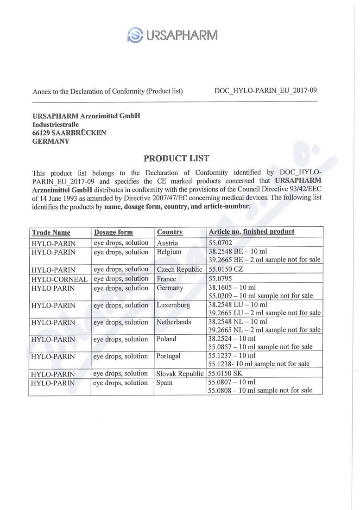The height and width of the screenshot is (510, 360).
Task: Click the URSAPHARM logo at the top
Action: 172,35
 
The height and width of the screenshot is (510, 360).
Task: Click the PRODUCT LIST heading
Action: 176,159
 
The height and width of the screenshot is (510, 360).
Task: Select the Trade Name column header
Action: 51,232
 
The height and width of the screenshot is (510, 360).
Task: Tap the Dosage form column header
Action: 113,232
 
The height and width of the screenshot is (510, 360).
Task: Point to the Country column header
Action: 170,232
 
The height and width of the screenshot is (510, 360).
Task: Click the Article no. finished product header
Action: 251,231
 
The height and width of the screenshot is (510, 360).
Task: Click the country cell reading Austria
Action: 167,243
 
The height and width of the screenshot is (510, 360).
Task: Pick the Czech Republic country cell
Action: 179,269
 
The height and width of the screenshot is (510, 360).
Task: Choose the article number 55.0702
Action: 221,242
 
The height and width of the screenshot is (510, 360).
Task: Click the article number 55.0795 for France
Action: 221,279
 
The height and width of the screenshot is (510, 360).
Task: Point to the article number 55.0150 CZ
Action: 226,269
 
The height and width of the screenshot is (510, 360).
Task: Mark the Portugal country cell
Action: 169,356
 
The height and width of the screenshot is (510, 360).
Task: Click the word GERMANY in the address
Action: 51,141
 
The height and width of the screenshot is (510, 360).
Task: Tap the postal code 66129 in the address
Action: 41,133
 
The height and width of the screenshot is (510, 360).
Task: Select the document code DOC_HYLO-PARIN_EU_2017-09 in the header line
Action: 265,91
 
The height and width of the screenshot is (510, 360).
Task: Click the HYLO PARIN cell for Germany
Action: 53,288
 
